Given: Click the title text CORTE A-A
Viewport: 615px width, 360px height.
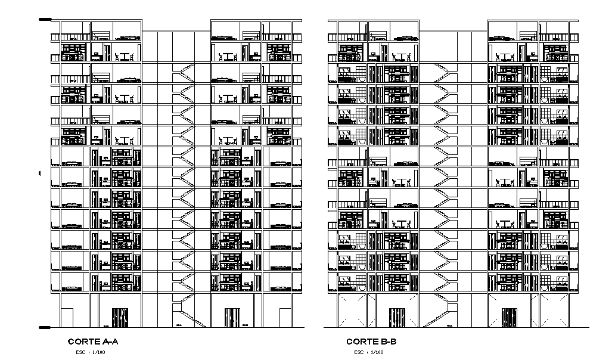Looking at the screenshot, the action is (93, 342).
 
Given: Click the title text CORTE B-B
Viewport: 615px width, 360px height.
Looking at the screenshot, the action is (371, 342).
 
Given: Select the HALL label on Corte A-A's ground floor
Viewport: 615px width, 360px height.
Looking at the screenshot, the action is (179, 325).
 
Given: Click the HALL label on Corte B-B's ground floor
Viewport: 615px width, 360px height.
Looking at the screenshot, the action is (449, 325).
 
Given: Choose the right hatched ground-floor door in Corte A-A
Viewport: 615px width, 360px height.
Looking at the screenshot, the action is (232, 318).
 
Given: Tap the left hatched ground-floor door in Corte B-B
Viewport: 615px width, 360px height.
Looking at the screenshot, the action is (397, 318).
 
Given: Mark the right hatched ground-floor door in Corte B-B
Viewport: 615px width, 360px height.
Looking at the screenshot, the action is (510, 318).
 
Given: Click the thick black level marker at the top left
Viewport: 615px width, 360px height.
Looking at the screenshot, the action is (45, 20).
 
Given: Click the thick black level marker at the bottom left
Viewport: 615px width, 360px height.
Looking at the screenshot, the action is (45, 327).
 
